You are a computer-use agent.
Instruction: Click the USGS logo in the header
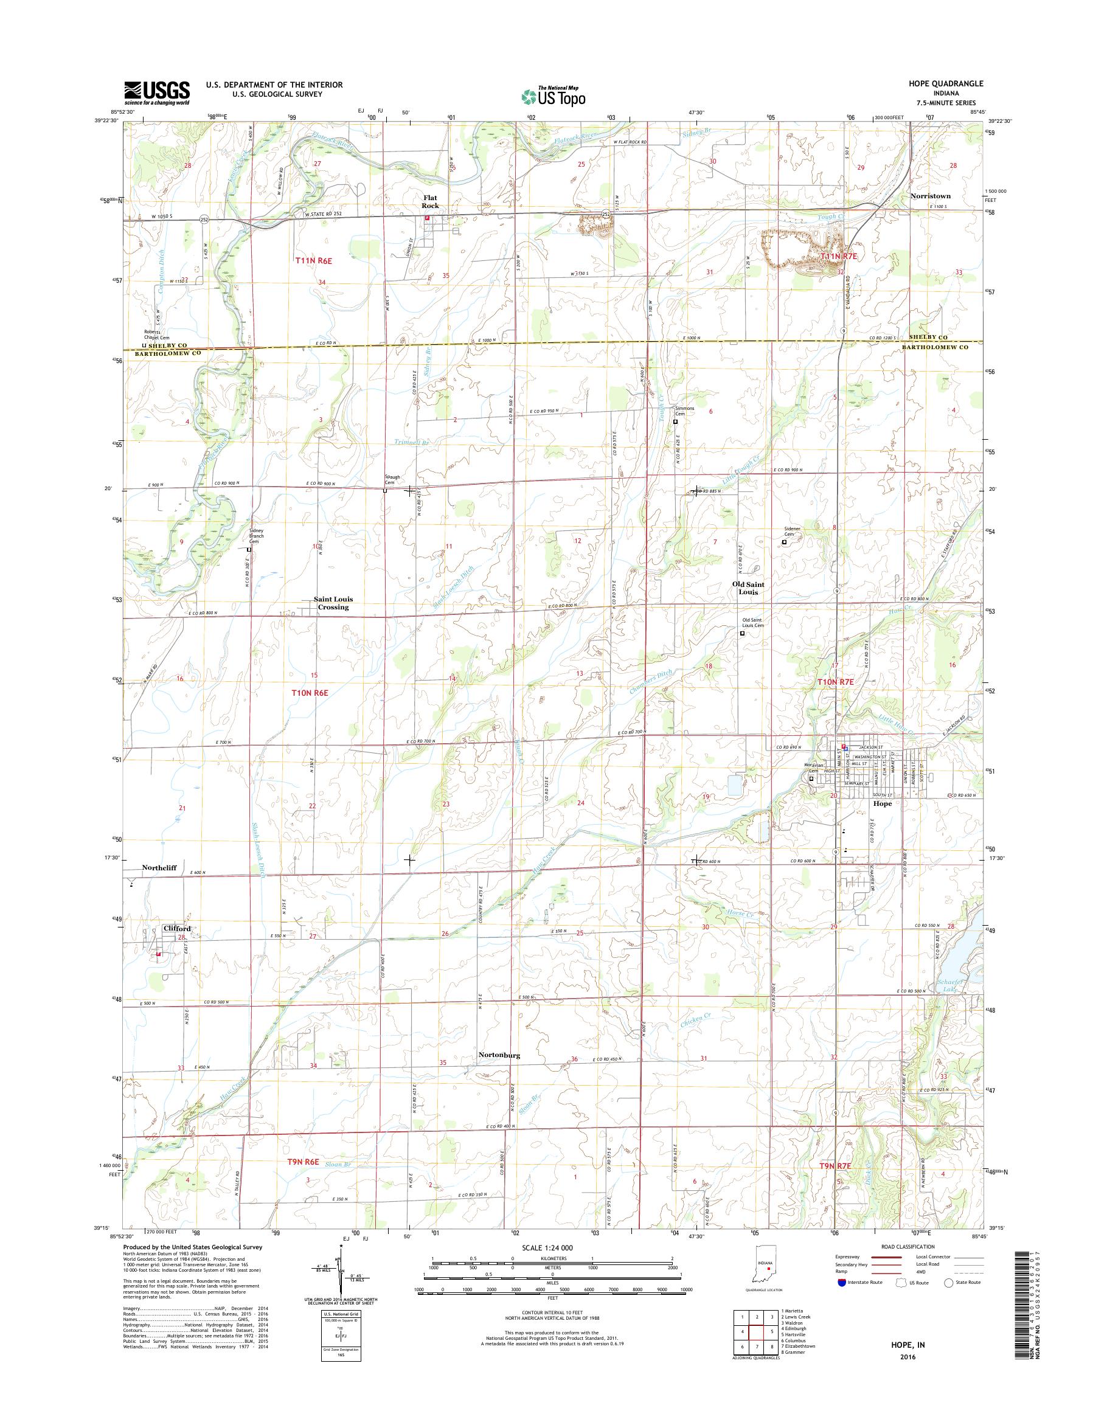click(x=157, y=92)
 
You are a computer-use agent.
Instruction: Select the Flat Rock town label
click(x=431, y=201)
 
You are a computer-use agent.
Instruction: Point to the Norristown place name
click(x=930, y=196)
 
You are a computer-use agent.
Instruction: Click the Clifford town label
click(x=178, y=929)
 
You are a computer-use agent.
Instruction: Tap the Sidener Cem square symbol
click(x=784, y=542)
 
